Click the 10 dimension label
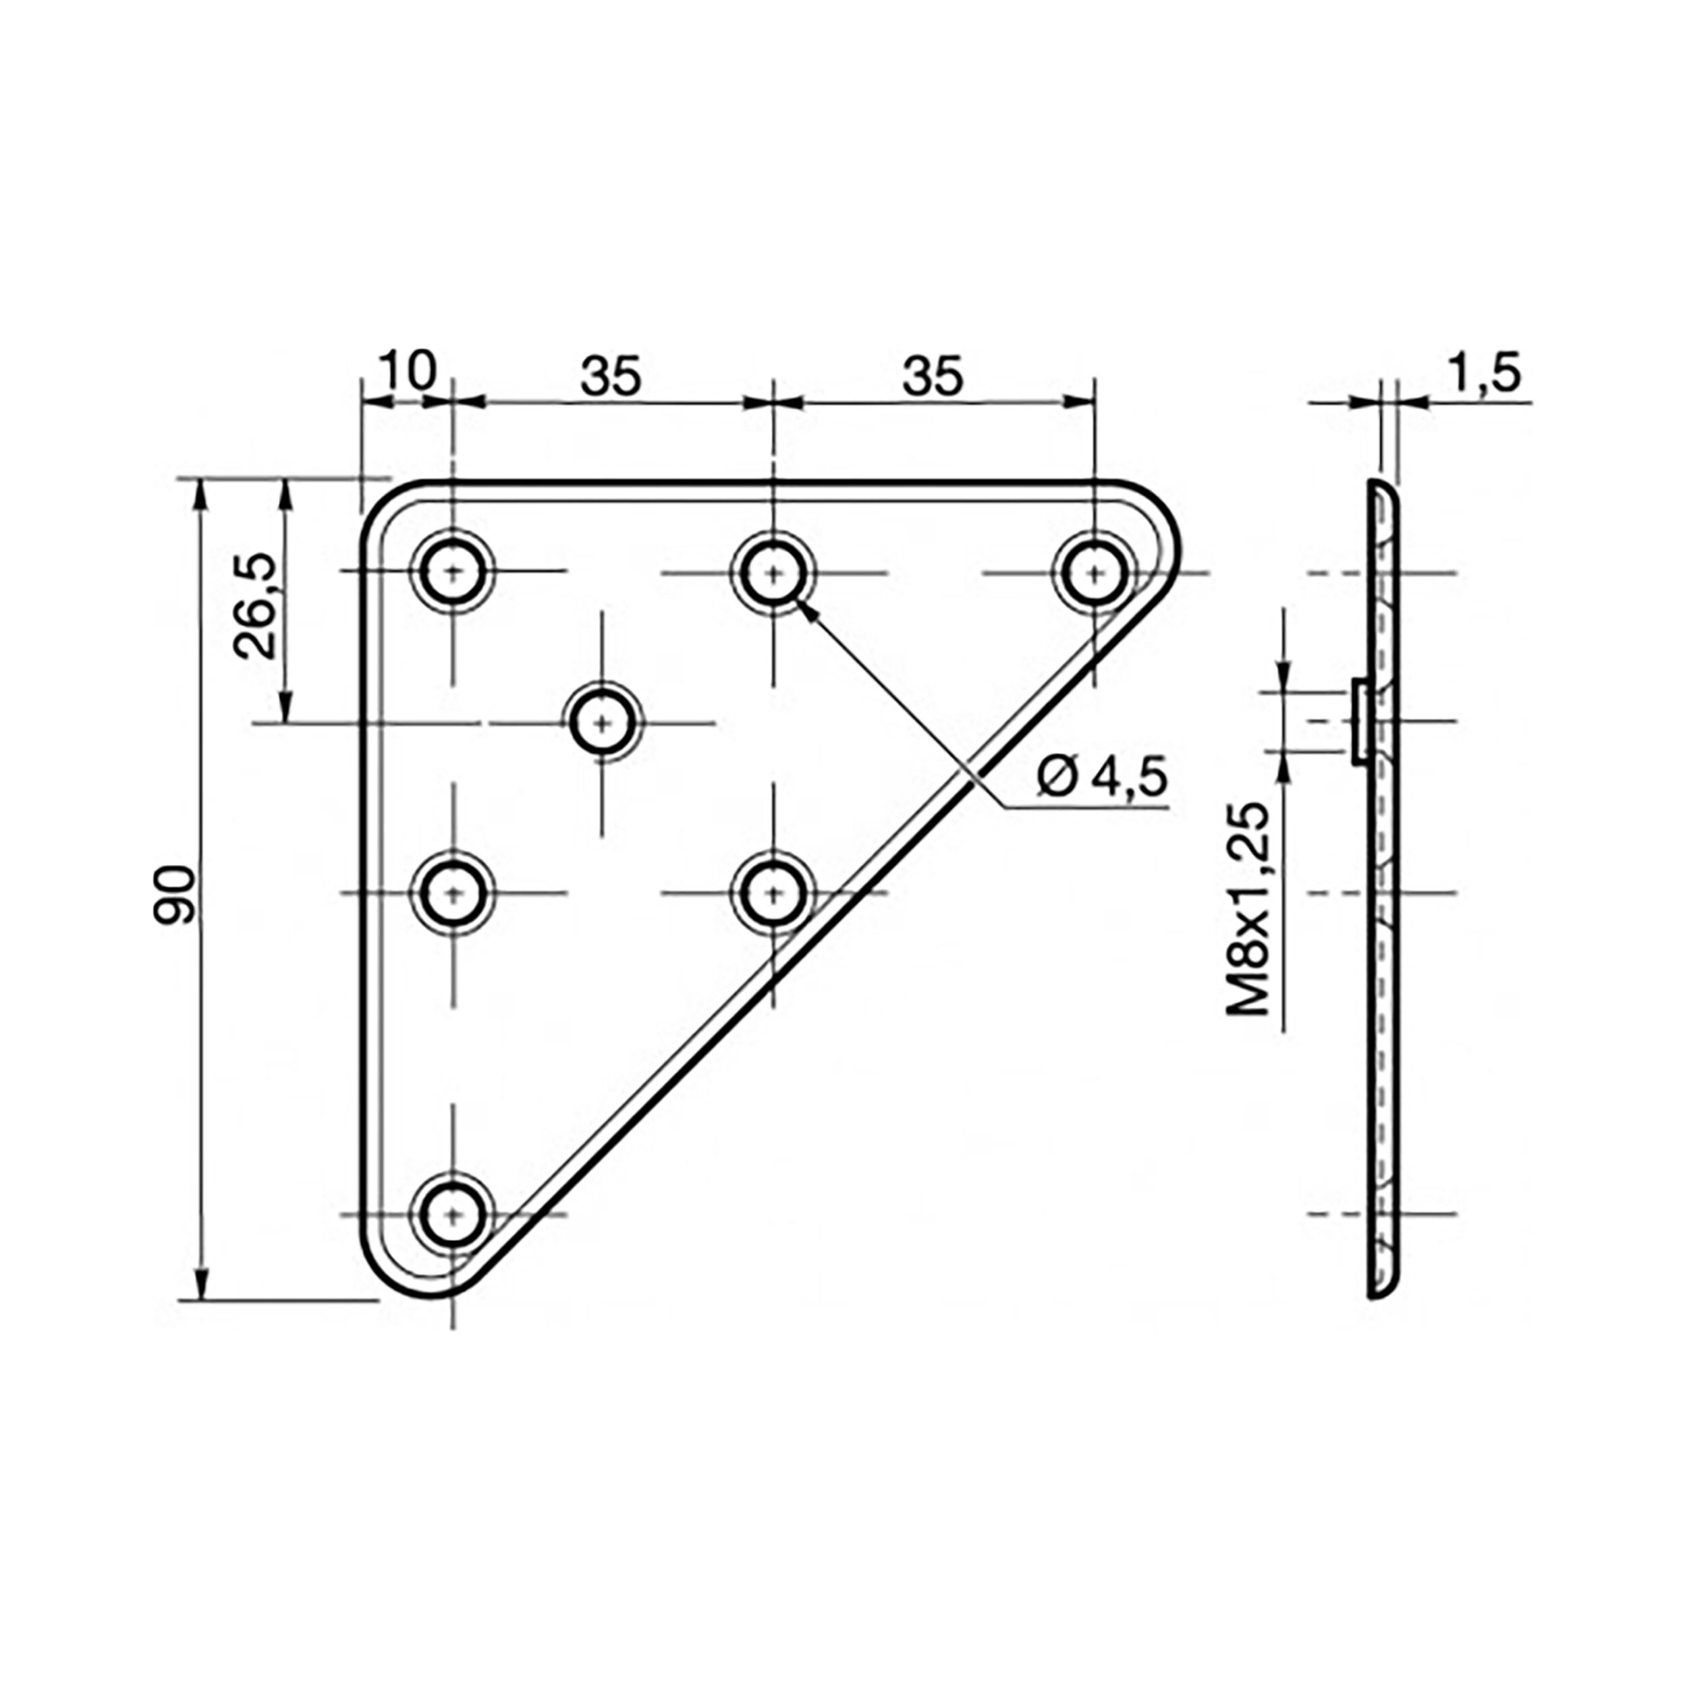(408, 371)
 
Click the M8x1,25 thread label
(1247, 909)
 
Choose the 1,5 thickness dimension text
(1485, 373)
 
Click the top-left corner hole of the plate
(452, 573)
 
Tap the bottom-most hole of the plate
(452, 1215)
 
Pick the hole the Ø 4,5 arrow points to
(773, 573)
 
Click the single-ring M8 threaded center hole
(603, 723)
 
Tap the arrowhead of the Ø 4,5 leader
(808, 609)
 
